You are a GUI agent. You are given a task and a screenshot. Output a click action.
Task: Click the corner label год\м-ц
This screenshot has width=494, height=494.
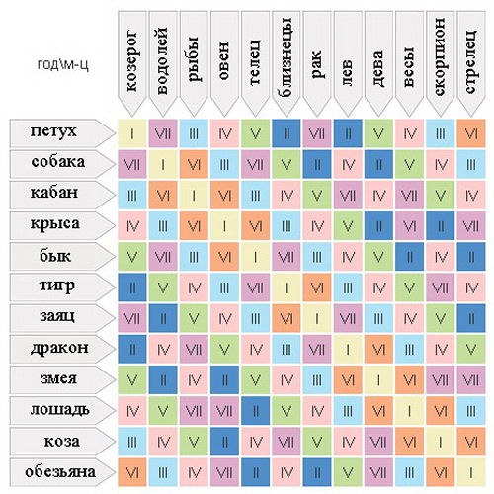[x=62, y=64]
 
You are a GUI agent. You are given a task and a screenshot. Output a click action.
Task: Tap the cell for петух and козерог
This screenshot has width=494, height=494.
[x=132, y=133]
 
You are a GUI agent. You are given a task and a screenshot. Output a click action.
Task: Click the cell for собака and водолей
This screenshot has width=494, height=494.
[x=163, y=164]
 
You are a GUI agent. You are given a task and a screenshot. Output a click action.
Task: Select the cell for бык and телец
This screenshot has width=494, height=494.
[x=255, y=257]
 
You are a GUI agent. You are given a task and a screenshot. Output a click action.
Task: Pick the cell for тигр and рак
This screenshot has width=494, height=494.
[x=317, y=288]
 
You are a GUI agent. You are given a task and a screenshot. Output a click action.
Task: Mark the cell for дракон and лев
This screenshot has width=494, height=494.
[x=348, y=349]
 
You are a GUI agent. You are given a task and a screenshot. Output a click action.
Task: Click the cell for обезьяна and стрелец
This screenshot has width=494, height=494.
[x=471, y=472]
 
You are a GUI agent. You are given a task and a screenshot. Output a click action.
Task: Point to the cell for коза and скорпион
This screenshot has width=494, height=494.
[x=441, y=442]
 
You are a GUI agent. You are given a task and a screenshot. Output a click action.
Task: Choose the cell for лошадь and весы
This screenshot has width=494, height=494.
[x=409, y=411]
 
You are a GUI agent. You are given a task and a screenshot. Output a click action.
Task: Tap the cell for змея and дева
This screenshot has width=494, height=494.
[x=378, y=380]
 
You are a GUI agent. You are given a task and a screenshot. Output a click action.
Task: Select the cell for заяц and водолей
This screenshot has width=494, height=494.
[x=163, y=318]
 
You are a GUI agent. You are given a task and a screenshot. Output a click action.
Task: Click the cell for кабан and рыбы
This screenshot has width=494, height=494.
[x=194, y=195]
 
